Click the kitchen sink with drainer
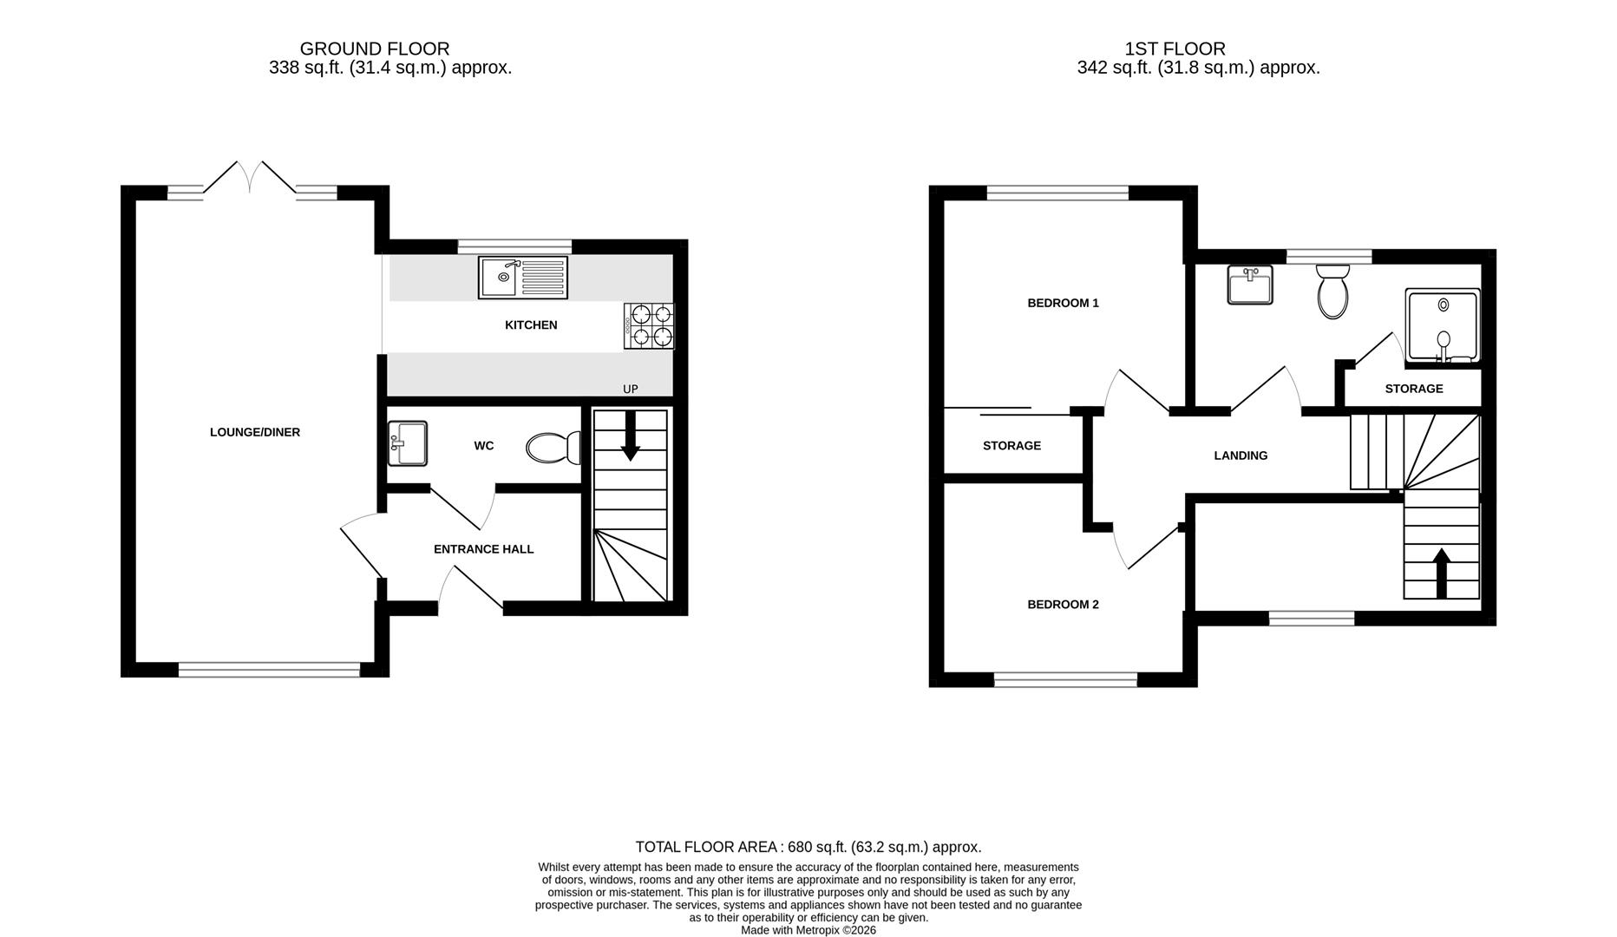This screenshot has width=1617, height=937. pyautogui.click(x=522, y=278)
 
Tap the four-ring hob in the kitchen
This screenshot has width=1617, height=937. pyautogui.click(x=649, y=326)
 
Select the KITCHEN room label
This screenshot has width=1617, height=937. pyautogui.click(x=531, y=325)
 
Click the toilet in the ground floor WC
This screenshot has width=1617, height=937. pyautogui.click(x=553, y=448)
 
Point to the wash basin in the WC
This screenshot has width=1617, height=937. pyautogui.click(x=407, y=443)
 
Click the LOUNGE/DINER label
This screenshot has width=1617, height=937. pyautogui.click(x=255, y=432)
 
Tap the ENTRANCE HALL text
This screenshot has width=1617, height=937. pyautogui.click(x=483, y=549)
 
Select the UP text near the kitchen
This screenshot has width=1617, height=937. pyautogui.click(x=631, y=389)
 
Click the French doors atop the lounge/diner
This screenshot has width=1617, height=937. pyautogui.click(x=250, y=178)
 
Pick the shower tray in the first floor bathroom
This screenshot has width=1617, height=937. pyautogui.click(x=1443, y=326)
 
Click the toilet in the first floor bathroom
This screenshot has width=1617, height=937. pyautogui.click(x=1332, y=292)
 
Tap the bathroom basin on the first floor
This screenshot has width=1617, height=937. pyautogui.click(x=1250, y=285)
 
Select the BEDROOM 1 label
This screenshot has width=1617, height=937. pyautogui.click(x=1063, y=304)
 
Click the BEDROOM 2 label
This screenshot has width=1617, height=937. pyautogui.click(x=1063, y=605)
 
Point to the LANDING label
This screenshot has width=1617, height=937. pyautogui.click(x=1241, y=455)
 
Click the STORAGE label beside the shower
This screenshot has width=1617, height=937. pyautogui.click(x=1414, y=389)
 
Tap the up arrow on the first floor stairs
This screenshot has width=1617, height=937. pyautogui.click(x=1442, y=573)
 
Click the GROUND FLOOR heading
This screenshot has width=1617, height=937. pyautogui.click(x=375, y=49)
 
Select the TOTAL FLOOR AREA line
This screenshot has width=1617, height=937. pyautogui.click(x=808, y=847)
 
